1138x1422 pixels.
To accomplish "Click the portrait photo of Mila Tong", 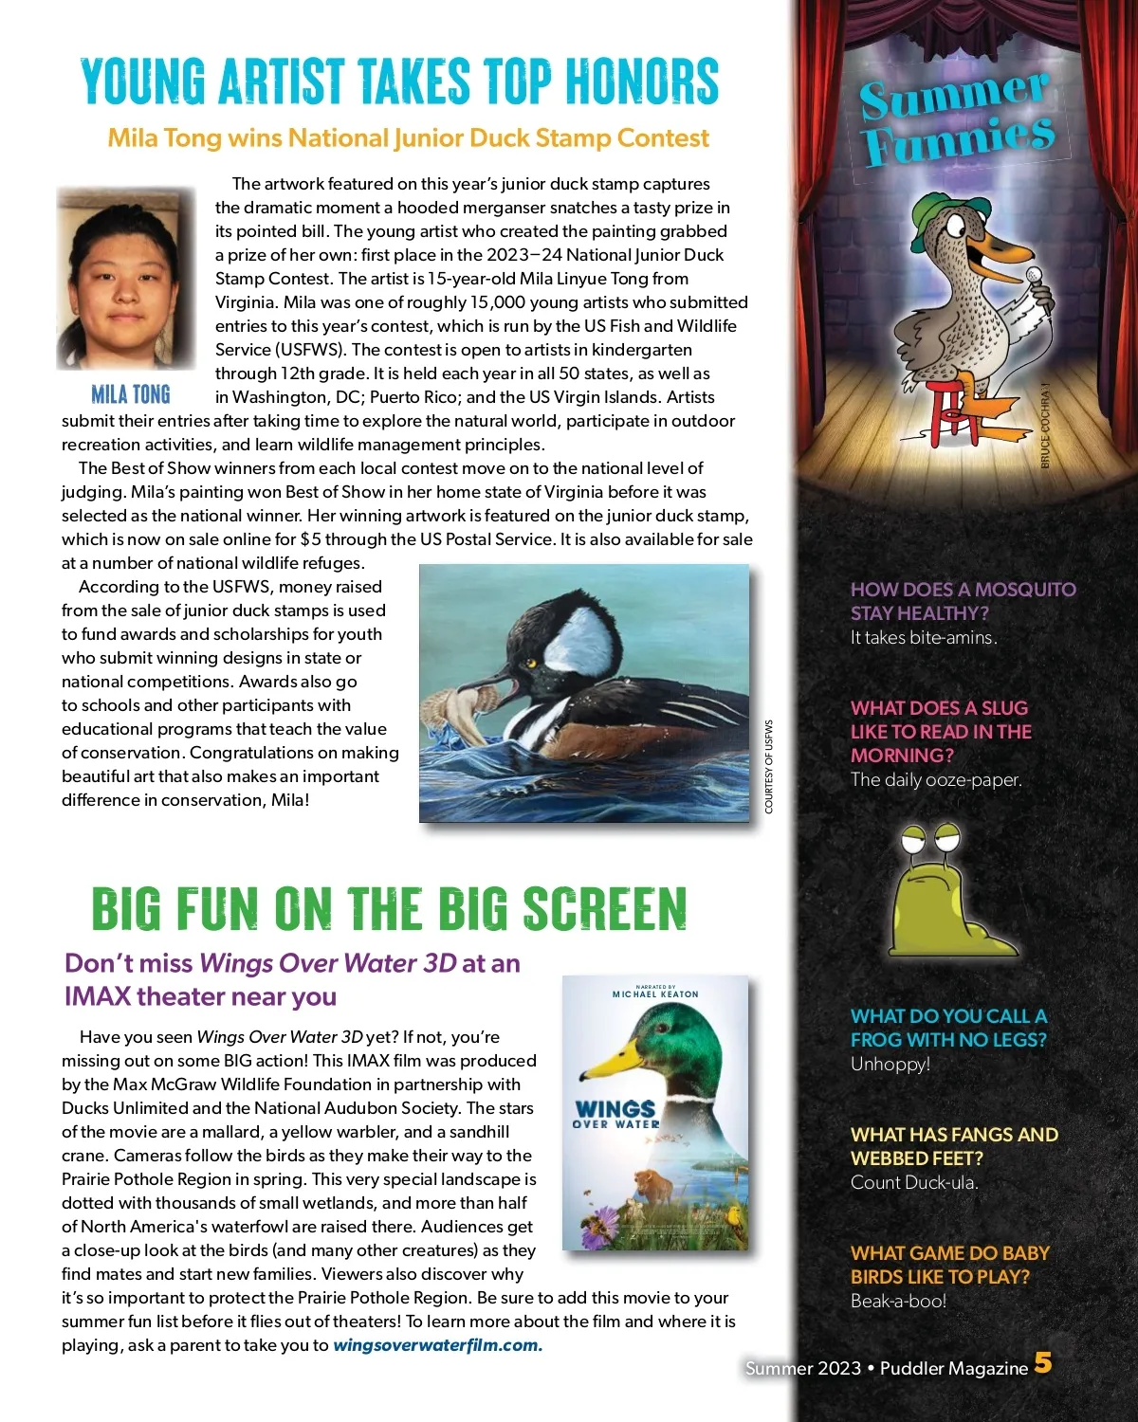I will [125, 279].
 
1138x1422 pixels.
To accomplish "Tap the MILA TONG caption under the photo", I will [131, 394].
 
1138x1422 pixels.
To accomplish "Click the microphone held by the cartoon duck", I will [1034, 276].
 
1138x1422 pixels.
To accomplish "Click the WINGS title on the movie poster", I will [615, 1108].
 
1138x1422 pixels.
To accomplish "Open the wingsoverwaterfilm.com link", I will [437, 1345].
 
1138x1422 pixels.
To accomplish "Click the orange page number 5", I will [1043, 1363].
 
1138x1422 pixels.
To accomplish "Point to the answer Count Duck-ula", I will [914, 1182].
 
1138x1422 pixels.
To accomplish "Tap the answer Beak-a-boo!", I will [898, 1301].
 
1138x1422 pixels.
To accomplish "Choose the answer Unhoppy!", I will [890, 1064].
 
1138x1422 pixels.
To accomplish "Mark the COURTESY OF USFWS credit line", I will [769, 766].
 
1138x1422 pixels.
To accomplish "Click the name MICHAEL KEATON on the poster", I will [655, 994].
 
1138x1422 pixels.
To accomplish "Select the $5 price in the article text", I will [310, 539].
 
